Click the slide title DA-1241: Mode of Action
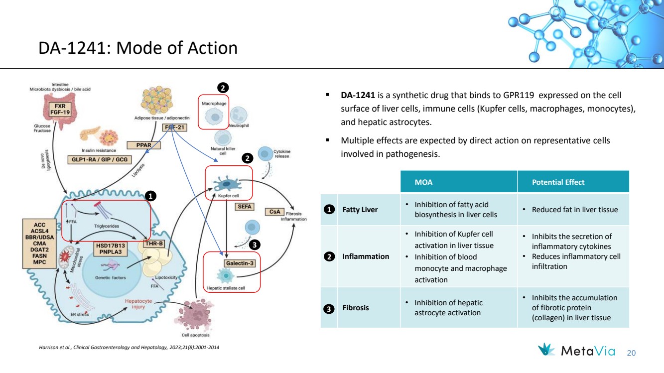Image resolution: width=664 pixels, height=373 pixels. click(x=138, y=48)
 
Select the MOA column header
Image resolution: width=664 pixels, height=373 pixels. click(x=423, y=182)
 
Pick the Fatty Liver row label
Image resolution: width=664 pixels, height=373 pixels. click(x=360, y=210)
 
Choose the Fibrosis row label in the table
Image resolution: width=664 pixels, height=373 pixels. click(x=355, y=308)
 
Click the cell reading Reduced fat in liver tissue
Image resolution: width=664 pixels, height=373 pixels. click(x=574, y=210)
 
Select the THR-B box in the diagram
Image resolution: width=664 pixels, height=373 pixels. click(x=153, y=243)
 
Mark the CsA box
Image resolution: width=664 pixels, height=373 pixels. click(x=274, y=212)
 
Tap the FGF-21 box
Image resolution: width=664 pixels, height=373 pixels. click(x=174, y=127)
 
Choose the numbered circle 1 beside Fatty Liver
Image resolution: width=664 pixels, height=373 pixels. click(x=329, y=210)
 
